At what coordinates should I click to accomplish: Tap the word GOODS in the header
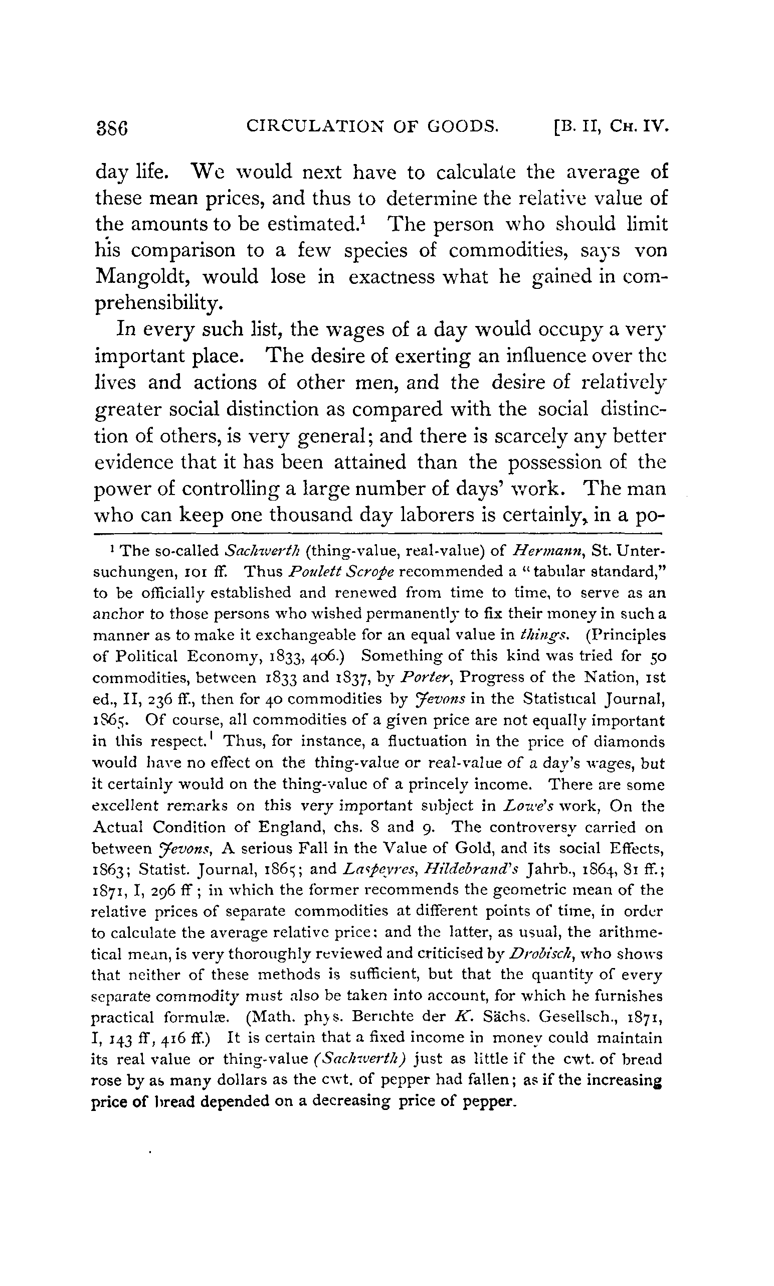462,126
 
